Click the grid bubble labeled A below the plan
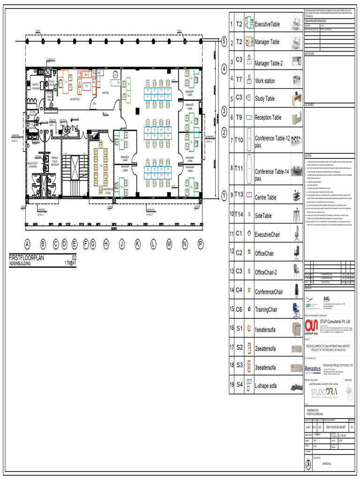tap(27, 243)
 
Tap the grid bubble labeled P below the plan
tap(201, 243)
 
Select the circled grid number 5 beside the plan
tap(224, 41)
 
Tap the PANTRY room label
tap(35, 85)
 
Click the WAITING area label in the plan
tap(105, 93)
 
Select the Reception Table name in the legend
tap(268, 118)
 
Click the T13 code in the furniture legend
tap(239, 194)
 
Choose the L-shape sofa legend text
tap(266, 386)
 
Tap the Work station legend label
tap(265, 81)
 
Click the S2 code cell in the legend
tap(239, 347)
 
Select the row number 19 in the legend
tap(232, 385)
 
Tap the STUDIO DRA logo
tap(324, 392)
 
